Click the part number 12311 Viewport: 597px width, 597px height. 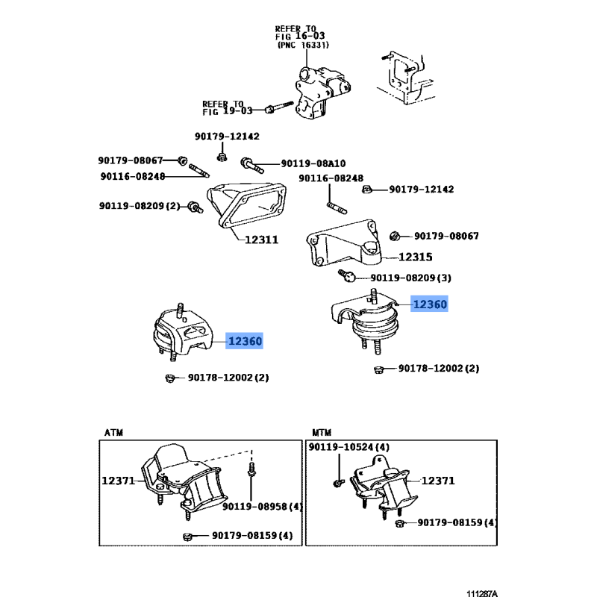[x=261, y=240]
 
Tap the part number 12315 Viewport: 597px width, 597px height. [x=416, y=257]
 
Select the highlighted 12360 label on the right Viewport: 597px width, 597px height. [x=430, y=304]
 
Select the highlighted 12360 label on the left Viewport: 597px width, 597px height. [x=245, y=341]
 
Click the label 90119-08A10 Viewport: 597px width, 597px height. [x=313, y=163]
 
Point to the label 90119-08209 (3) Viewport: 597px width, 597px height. [x=411, y=278]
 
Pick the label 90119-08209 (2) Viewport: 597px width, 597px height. [x=140, y=206]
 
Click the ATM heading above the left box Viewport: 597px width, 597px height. [x=114, y=433]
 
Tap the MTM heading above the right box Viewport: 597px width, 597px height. [x=322, y=433]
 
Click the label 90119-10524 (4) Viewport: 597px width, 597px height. [x=349, y=447]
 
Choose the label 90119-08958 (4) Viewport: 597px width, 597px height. [x=263, y=507]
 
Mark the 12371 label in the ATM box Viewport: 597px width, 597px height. [x=118, y=481]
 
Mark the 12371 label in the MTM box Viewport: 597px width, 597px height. [x=438, y=481]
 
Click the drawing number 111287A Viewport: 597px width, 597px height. [x=482, y=593]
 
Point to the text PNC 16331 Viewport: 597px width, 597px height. [x=304, y=45]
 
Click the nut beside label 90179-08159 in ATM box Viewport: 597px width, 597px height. [x=187, y=537]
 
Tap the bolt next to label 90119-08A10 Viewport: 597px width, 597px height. [x=251, y=166]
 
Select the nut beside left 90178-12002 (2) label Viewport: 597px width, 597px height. [x=170, y=378]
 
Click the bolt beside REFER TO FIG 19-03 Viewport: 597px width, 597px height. [x=278, y=107]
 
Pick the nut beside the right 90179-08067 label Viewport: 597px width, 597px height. [x=395, y=237]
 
